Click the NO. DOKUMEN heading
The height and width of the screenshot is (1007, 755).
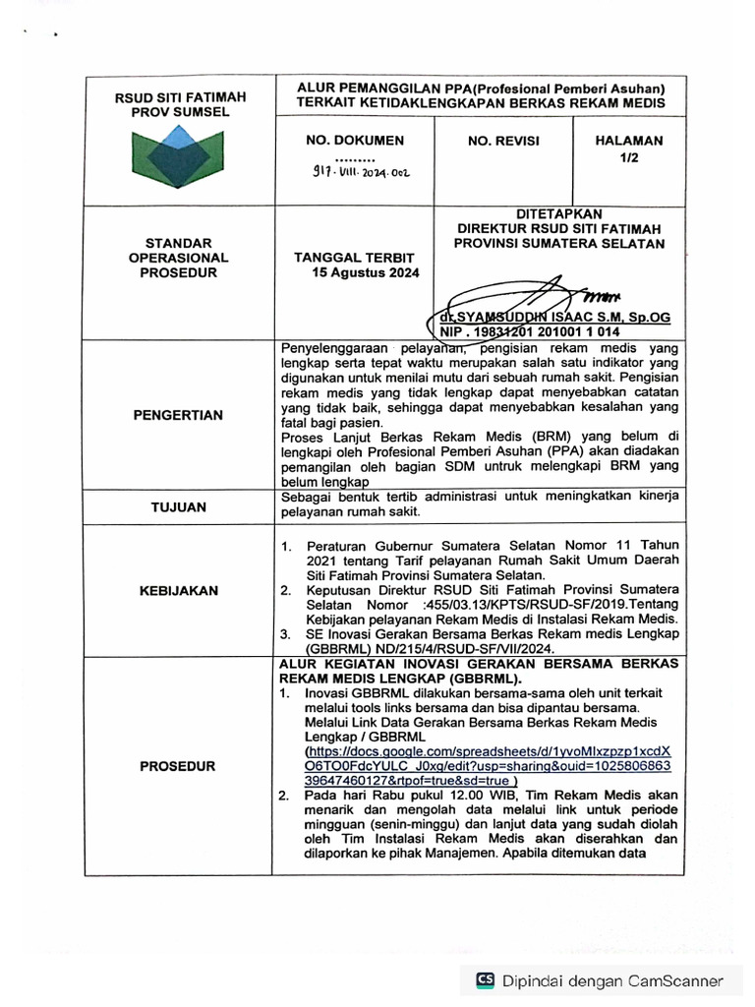tap(355, 141)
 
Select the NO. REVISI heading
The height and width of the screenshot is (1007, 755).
tap(504, 141)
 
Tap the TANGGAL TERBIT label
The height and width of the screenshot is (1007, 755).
tap(355, 257)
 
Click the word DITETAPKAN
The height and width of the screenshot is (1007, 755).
tap(559, 212)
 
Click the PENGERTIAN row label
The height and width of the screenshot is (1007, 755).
tap(179, 415)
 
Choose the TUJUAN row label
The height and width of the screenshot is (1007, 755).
tap(179, 507)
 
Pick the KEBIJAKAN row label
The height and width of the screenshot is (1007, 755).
tap(179, 590)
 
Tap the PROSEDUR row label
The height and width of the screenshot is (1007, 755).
tap(179, 764)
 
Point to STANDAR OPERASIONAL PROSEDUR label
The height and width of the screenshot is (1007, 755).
tap(179, 258)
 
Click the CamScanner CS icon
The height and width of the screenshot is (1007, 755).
tap(486, 979)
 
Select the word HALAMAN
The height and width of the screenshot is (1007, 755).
tap(629, 141)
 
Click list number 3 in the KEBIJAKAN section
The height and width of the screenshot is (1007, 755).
tap(285, 635)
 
